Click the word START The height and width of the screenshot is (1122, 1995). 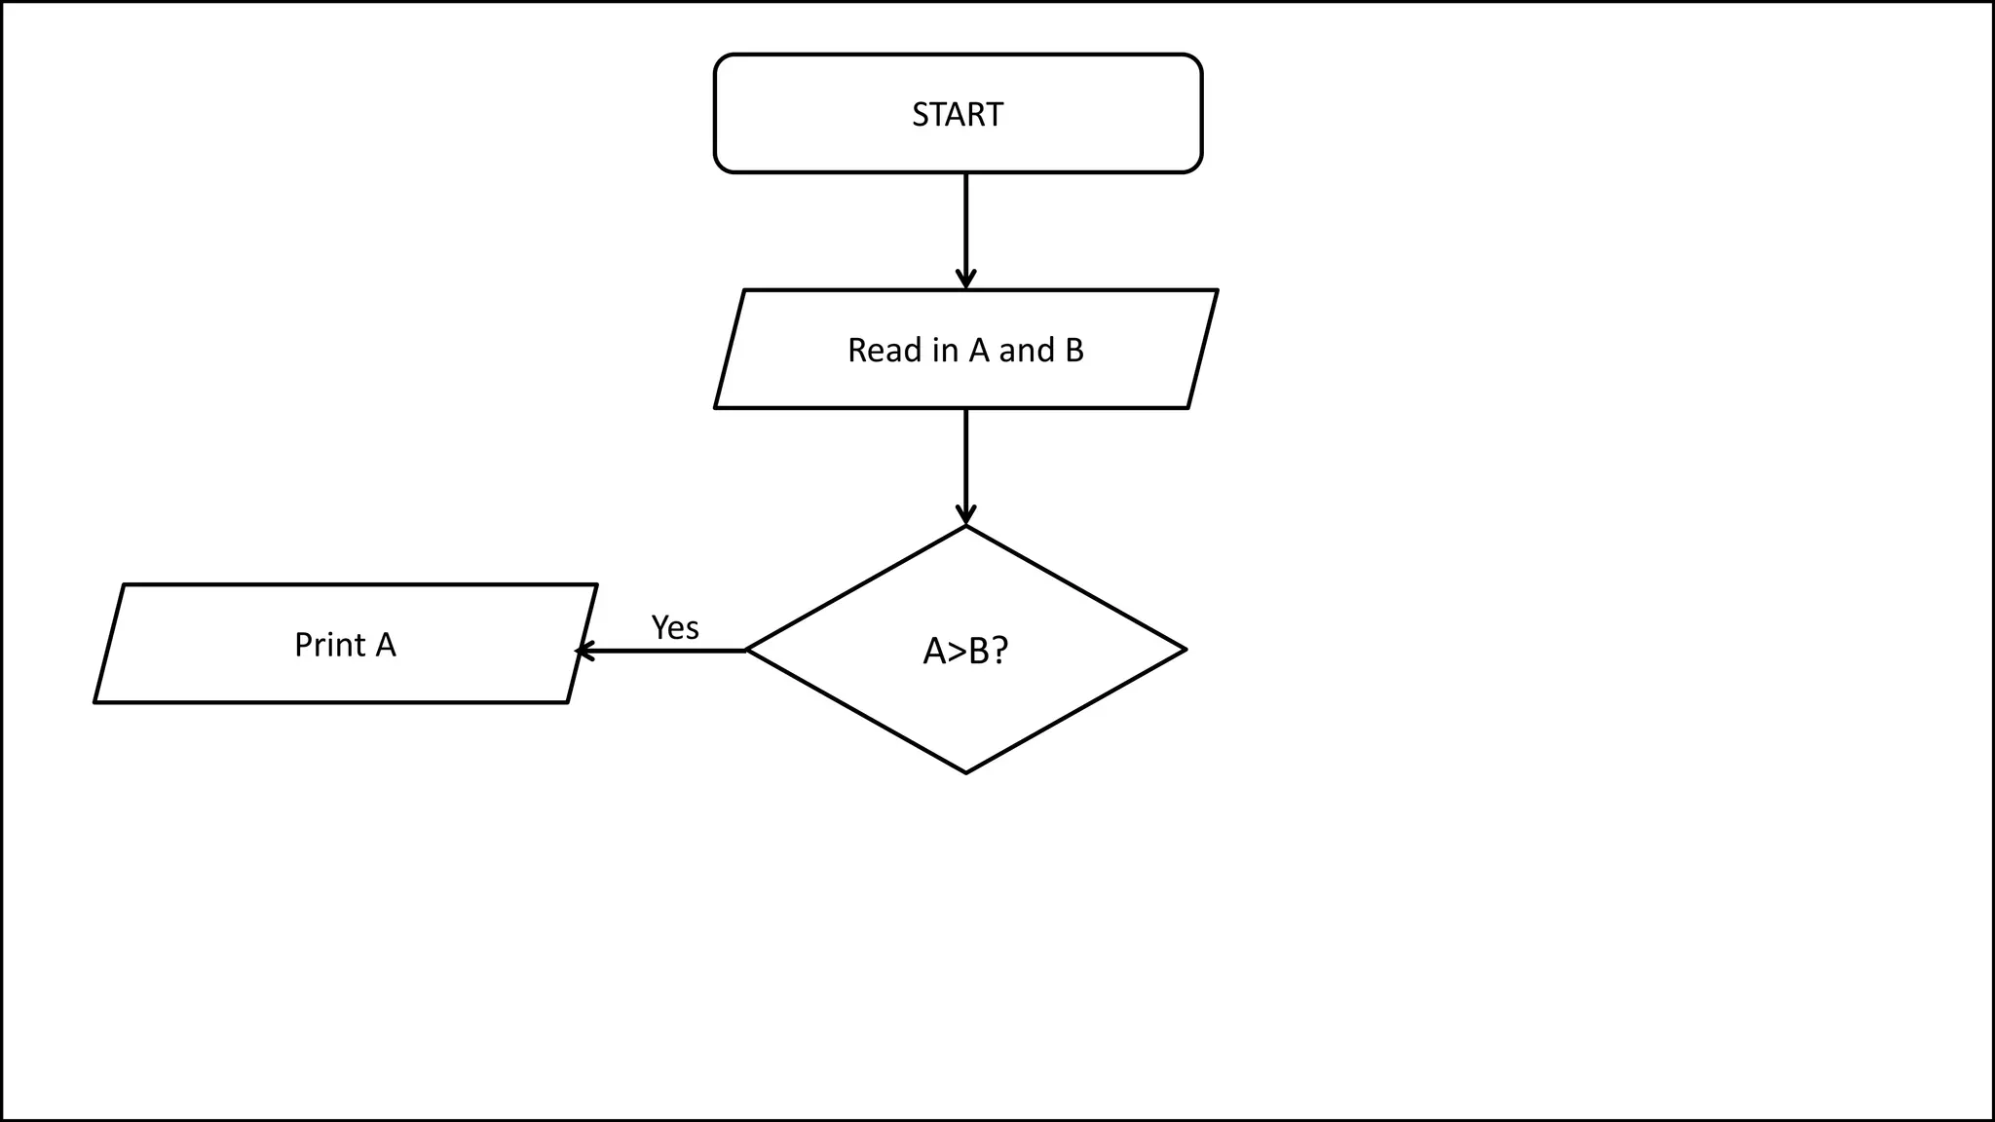click(x=957, y=115)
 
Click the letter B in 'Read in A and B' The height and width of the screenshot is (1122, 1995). click(x=1073, y=351)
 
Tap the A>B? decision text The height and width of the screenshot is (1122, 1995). click(x=965, y=651)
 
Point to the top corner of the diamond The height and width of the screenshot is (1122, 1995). click(x=965, y=527)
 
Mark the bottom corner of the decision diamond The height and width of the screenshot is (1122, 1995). click(x=965, y=772)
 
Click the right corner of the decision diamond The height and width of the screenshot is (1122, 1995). click(x=1185, y=650)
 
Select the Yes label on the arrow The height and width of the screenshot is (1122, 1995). click(x=675, y=628)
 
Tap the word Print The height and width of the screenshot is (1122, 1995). click(x=330, y=645)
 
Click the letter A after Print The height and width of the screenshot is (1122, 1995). click(x=386, y=645)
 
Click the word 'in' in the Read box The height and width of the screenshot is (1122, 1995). click(x=945, y=351)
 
